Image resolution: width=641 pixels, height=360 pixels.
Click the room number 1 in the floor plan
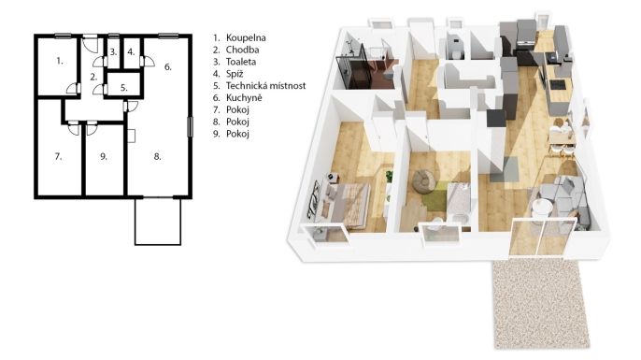pos(60,61)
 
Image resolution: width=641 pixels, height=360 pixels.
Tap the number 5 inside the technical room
pos(124,88)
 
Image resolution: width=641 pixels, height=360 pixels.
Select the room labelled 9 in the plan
pos(104,156)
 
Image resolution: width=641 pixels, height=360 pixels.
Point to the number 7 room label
pos(58,156)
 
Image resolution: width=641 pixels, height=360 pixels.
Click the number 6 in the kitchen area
pos(167,66)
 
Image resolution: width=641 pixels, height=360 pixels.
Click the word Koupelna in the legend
pos(246,37)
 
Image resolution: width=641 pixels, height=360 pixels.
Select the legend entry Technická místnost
pos(265,85)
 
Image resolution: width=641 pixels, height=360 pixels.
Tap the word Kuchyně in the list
pos(244,97)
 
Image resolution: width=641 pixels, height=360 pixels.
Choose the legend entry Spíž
pos(235,74)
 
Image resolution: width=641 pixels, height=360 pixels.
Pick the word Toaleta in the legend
pos(241,62)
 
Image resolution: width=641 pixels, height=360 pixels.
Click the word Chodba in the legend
pos(242,50)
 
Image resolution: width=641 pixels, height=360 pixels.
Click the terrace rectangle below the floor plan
pos(158,222)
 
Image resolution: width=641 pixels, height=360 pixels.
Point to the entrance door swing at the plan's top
pos(91,45)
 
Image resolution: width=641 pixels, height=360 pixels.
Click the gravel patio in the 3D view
pos(541,304)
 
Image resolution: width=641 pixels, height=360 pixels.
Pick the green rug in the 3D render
pos(435,197)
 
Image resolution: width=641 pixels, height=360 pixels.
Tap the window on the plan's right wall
pos(190,127)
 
